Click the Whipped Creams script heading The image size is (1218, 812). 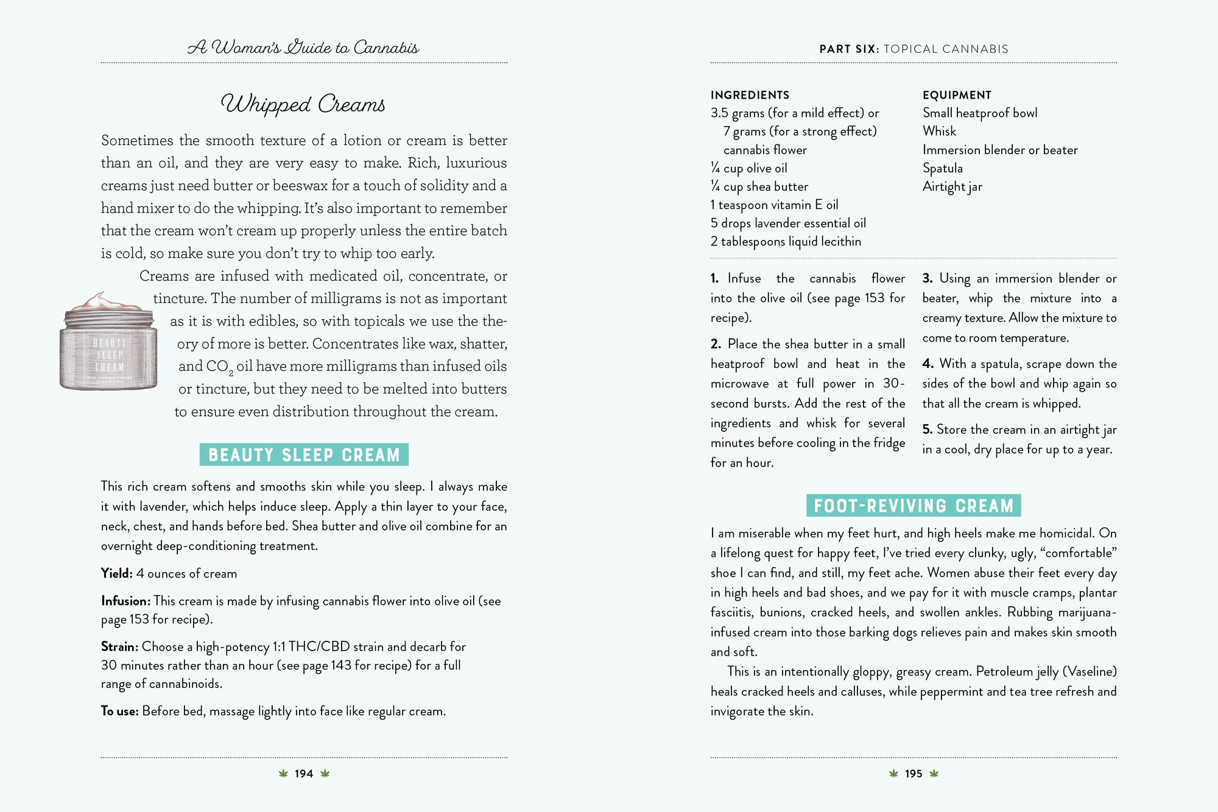click(303, 104)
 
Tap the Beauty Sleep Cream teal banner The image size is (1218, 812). click(304, 455)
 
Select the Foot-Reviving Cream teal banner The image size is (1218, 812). click(913, 506)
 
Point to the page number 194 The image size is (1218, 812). click(303, 774)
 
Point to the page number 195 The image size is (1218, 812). click(913, 774)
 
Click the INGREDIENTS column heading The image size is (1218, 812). click(750, 95)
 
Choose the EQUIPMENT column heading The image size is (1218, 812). click(957, 95)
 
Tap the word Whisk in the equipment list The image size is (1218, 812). click(939, 131)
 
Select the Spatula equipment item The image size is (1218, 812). click(942, 168)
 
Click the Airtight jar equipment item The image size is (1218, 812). click(952, 186)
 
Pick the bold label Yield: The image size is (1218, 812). click(116, 573)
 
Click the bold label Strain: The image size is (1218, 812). click(119, 646)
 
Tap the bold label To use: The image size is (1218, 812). click(119, 711)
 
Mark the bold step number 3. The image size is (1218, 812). click(928, 278)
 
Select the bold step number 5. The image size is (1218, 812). click(927, 429)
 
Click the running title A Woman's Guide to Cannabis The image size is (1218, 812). click(303, 48)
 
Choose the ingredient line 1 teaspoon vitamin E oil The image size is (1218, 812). click(774, 205)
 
